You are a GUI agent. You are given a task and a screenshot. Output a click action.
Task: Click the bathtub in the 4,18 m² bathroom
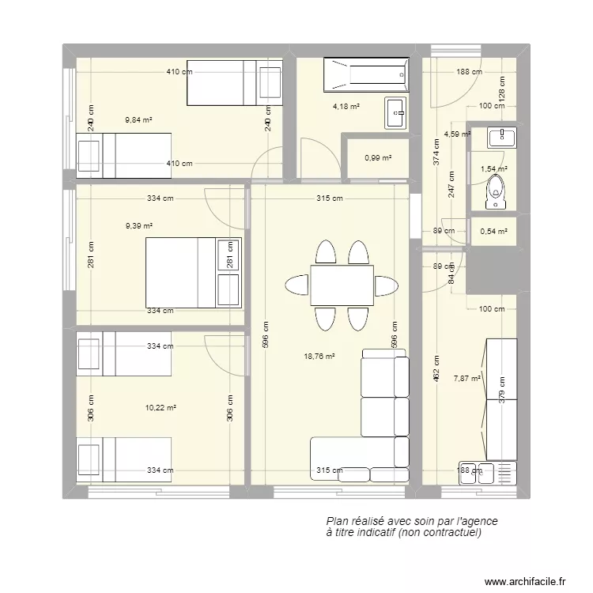point(366,74)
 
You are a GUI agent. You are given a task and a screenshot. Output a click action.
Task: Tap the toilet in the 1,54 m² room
point(497,194)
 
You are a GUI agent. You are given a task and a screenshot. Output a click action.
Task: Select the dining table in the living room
point(342,285)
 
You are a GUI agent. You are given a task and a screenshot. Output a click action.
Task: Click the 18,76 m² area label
point(319,357)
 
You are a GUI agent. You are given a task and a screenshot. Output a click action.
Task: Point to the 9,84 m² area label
point(139,120)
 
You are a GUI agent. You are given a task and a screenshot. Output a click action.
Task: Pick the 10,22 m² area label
point(161,408)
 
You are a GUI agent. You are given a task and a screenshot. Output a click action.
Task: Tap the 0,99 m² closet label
point(378,158)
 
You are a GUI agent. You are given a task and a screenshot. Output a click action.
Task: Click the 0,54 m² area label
point(493,232)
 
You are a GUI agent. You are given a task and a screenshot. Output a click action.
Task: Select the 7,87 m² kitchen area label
point(467,378)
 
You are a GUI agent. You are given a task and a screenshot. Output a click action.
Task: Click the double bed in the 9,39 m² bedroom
point(193,273)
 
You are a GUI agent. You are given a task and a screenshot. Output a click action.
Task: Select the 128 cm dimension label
point(502,89)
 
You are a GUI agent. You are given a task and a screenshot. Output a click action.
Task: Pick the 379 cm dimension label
point(502,390)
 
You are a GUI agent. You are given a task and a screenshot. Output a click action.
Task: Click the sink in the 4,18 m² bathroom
point(395,113)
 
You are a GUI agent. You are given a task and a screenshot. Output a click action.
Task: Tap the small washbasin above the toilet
point(502,138)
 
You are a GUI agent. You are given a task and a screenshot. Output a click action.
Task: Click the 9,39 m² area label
point(139,226)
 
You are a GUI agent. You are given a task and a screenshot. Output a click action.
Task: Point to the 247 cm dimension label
point(451,184)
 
